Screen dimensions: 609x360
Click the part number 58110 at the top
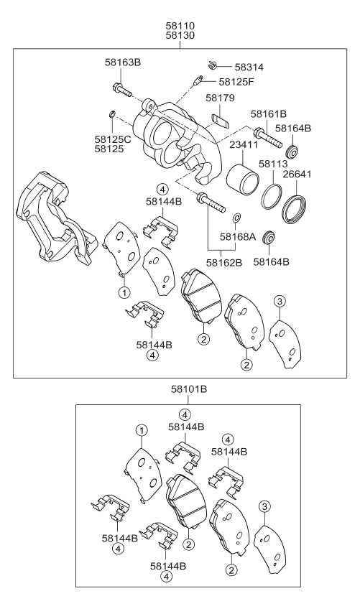tap(180, 25)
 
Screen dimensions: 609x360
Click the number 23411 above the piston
tap(244, 144)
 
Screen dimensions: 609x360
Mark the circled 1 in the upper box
tap(124, 292)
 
